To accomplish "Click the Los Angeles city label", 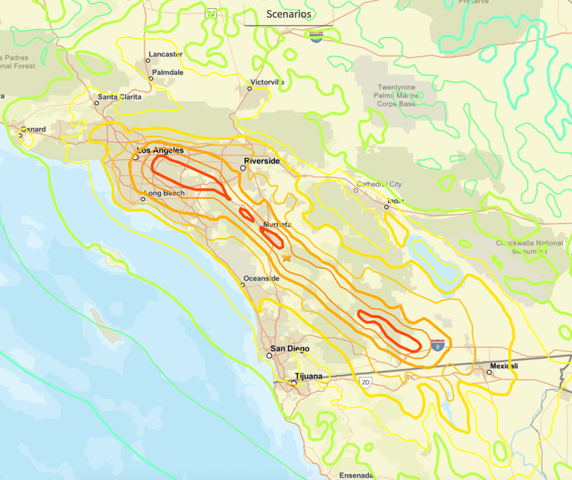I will pos(160,150).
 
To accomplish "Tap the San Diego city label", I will pos(289,348).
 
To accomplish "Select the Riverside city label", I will pos(262,161).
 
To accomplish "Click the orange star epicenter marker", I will pos(287,257).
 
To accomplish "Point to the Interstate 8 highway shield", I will pos(438,345).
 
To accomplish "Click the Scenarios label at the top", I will pos(289,14).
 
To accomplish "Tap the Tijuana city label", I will pos(308,376).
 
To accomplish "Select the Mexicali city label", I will pos(503,366).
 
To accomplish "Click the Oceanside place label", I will pos(261,278).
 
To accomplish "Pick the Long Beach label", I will pos(164,193).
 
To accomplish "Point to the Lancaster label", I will pos(165,54).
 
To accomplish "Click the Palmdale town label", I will pos(168,72).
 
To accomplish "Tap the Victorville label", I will pos(267,82).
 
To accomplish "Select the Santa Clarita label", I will pos(118,97).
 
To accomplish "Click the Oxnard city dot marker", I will pos(21,135).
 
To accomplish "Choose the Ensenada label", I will pos(355,475).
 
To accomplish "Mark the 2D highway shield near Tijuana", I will pos(366,382).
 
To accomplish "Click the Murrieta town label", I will pos(276,224).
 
